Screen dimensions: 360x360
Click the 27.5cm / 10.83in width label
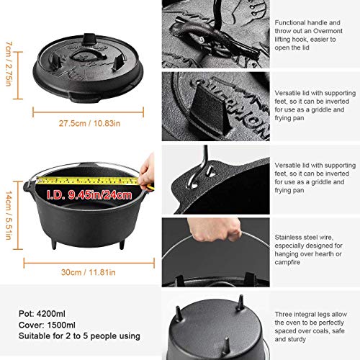coord(85,124)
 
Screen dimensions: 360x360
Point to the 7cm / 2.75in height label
coord(7,63)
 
